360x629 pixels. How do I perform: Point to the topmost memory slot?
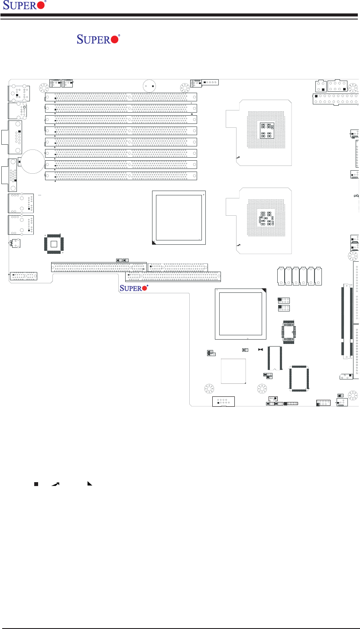(x=121, y=97)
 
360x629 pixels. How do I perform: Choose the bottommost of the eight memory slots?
(x=121, y=176)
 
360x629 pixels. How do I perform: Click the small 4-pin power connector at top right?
(x=322, y=84)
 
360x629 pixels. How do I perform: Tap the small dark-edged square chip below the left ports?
(x=53, y=244)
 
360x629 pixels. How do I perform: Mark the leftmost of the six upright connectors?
(x=282, y=276)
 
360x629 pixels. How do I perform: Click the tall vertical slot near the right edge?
(x=347, y=321)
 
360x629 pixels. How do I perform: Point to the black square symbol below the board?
(x=37, y=483)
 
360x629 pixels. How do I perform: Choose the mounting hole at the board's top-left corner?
(x=43, y=88)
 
